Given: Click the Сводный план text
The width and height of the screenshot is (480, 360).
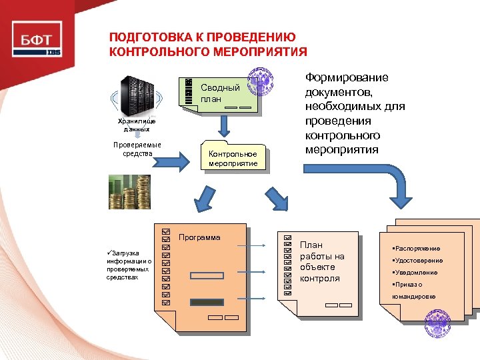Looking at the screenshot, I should (220, 93).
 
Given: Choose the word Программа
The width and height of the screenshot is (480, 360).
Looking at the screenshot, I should (199, 237).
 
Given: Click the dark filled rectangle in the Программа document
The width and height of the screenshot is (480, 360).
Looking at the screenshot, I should (207, 302).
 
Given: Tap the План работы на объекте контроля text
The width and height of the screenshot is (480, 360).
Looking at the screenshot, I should (322, 262).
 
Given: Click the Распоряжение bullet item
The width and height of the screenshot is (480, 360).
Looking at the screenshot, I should (417, 249).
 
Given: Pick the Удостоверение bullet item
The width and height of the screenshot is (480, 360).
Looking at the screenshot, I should (419, 261).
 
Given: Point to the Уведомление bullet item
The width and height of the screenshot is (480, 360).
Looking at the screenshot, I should (416, 273).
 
